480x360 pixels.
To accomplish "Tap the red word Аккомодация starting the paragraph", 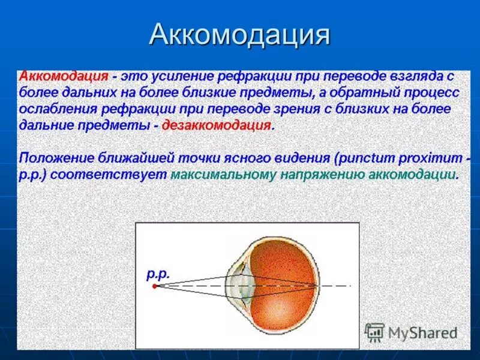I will (64, 77).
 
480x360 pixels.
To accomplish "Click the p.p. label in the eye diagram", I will (158, 274).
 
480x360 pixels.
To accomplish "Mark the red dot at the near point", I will (154, 286).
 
